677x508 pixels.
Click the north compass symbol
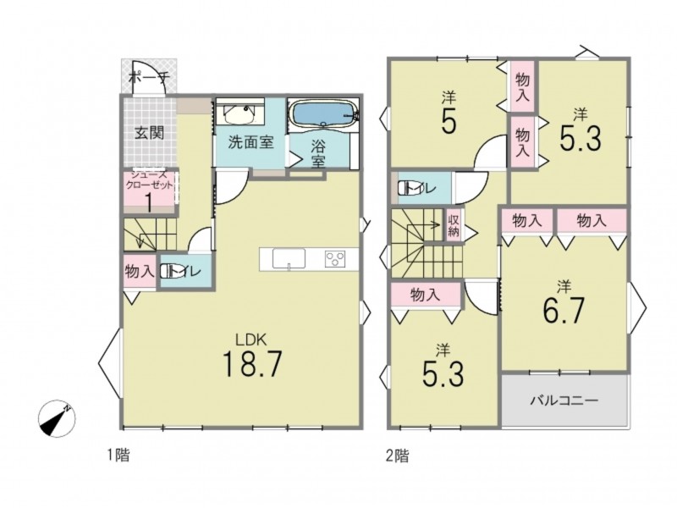57,419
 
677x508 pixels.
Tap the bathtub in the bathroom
324,113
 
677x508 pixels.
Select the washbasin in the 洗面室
239,113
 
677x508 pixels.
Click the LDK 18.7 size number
252,364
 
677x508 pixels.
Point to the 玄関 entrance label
149,133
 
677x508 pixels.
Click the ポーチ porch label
149,78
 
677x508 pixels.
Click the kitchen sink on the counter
289,259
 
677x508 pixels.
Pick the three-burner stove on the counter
335,259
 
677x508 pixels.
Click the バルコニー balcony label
564,400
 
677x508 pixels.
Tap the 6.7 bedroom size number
564,310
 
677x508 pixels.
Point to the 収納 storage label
454,226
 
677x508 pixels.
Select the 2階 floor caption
397,456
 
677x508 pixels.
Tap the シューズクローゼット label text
149,179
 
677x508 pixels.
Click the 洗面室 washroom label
250,142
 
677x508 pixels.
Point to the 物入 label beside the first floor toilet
140,272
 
